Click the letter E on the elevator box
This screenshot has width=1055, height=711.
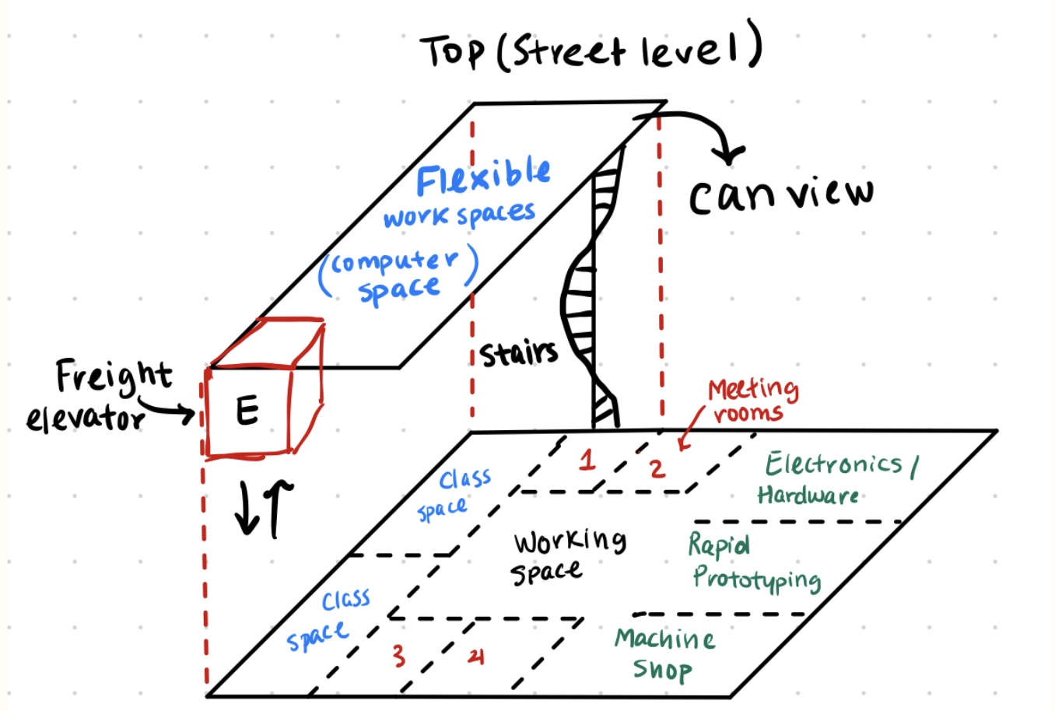(247, 410)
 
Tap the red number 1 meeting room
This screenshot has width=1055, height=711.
(587, 460)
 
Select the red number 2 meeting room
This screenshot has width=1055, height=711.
(657, 468)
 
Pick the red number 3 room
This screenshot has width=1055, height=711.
(398, 656)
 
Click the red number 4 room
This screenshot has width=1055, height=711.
(475, 657)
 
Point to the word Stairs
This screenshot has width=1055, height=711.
(518, 355)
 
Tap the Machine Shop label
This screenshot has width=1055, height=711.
(664, 654)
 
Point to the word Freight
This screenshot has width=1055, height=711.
(114, 377)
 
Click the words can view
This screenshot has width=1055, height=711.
(780, 194)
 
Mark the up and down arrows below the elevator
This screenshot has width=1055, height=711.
(263, 509)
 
